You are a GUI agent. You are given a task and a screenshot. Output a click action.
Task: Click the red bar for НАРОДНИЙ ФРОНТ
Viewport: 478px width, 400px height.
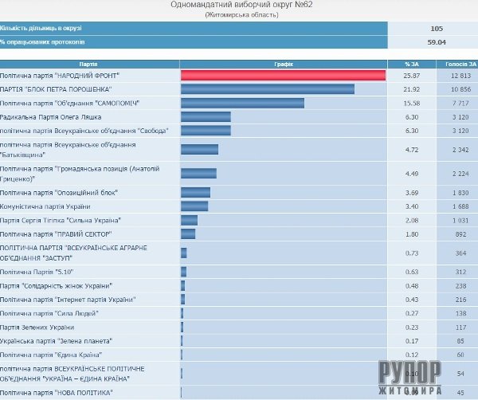(283, 75)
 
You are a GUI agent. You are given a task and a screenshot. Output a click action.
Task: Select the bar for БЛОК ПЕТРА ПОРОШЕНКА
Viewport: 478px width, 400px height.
(268, 88)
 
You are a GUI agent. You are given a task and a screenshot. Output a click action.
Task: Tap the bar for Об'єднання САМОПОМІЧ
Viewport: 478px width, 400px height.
(242, 103)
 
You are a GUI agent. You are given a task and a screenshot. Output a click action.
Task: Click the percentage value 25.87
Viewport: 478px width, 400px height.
(411, 75)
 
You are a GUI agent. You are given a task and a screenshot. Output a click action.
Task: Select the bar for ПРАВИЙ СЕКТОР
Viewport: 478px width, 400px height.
(188, 233)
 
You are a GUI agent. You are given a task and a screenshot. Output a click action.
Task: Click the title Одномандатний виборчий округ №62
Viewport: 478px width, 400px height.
(239, 5)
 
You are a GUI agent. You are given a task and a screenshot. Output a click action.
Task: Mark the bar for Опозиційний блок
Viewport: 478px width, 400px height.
(195, 192)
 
